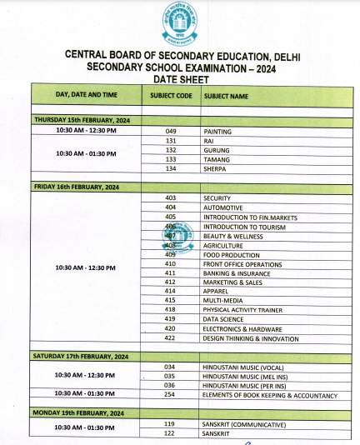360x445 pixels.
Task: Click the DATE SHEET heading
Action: (179, 78)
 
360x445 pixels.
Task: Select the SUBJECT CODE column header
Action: (171, 96)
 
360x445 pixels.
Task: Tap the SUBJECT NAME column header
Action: (226, 96)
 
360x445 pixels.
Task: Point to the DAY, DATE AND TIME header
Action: (87, 96)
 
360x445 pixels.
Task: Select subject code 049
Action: (171, 132)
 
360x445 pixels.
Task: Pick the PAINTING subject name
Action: (217, 132)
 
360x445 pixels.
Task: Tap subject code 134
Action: (171, 168)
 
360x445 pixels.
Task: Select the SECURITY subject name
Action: (218, 198)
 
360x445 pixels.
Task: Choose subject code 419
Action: (171, 319)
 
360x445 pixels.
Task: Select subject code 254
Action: (171, 394)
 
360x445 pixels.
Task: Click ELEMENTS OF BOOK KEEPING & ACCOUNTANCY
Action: (270, 394)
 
